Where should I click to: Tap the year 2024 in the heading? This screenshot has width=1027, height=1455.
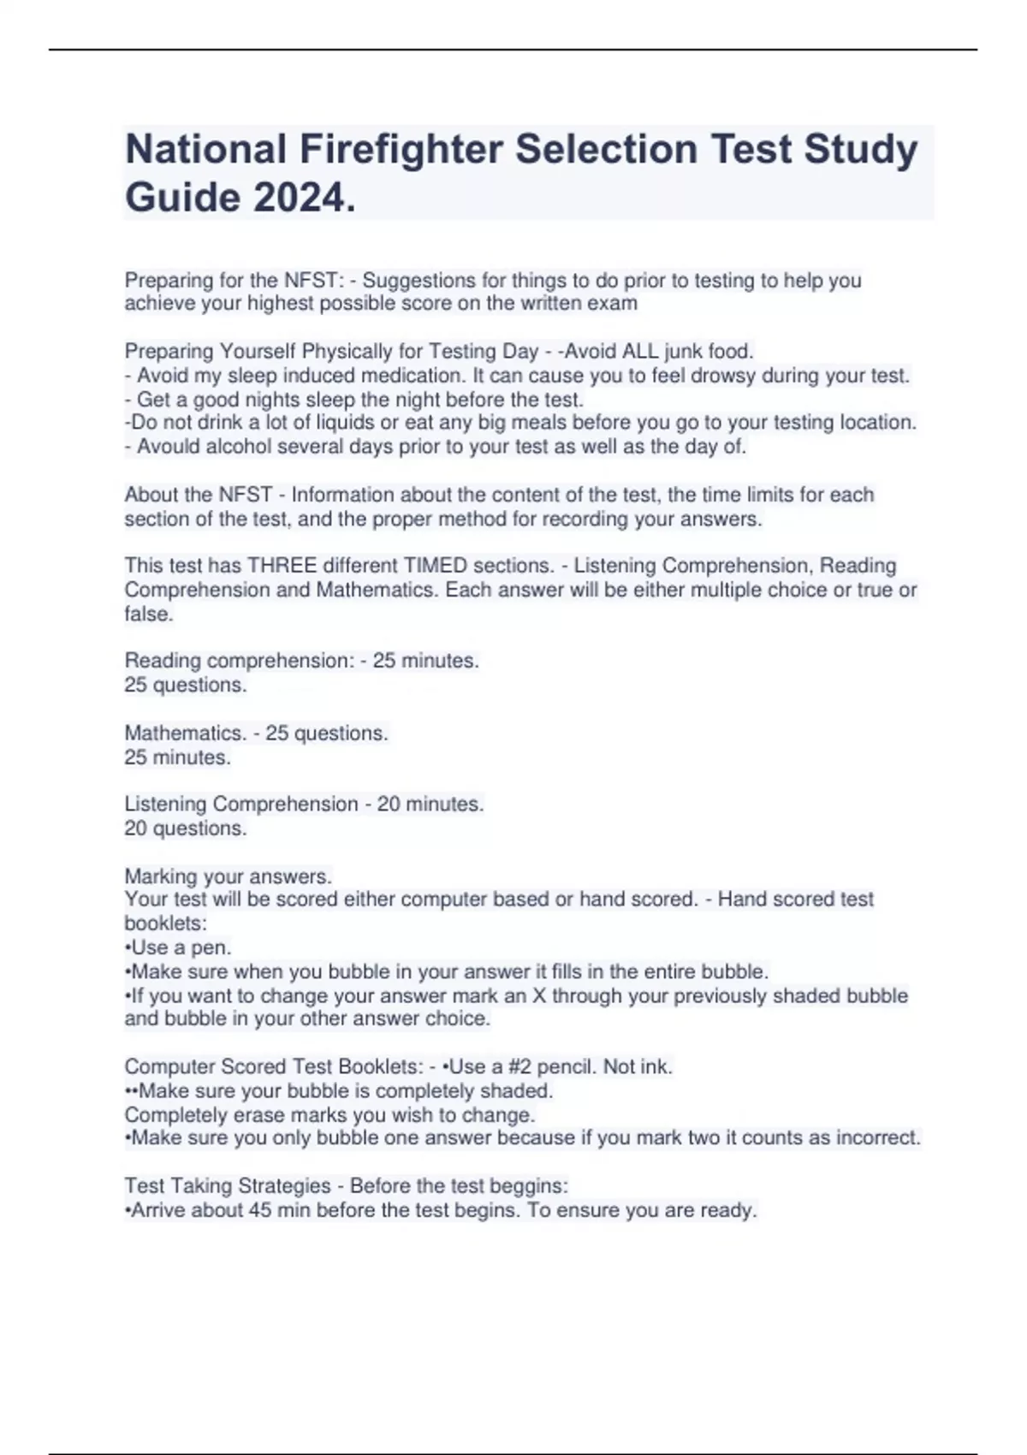coord(300,199)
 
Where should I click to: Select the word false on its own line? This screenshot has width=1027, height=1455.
coord(148,614)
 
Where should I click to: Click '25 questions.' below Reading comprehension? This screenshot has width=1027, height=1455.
coord(185,686)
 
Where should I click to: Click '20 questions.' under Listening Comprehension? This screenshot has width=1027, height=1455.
coord(185,828)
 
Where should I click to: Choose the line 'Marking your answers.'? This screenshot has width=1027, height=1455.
coord(228,876)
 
